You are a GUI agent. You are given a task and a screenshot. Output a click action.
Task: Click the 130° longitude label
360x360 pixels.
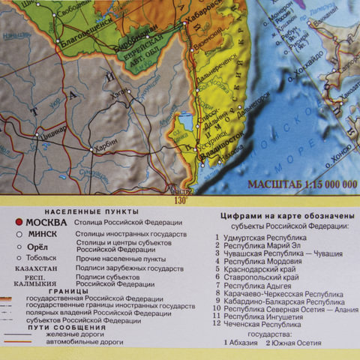[x=180, y=199]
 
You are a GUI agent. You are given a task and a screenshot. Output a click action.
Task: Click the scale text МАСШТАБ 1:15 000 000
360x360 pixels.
[x=298, y=184]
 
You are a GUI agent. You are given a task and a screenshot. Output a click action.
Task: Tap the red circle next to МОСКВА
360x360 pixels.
[x=19, y=223]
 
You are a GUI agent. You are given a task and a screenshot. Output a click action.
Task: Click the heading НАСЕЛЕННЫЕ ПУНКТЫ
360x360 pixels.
[x=79, y=211]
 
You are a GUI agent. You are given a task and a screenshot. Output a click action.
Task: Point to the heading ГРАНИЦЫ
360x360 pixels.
[x=64, y=292]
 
